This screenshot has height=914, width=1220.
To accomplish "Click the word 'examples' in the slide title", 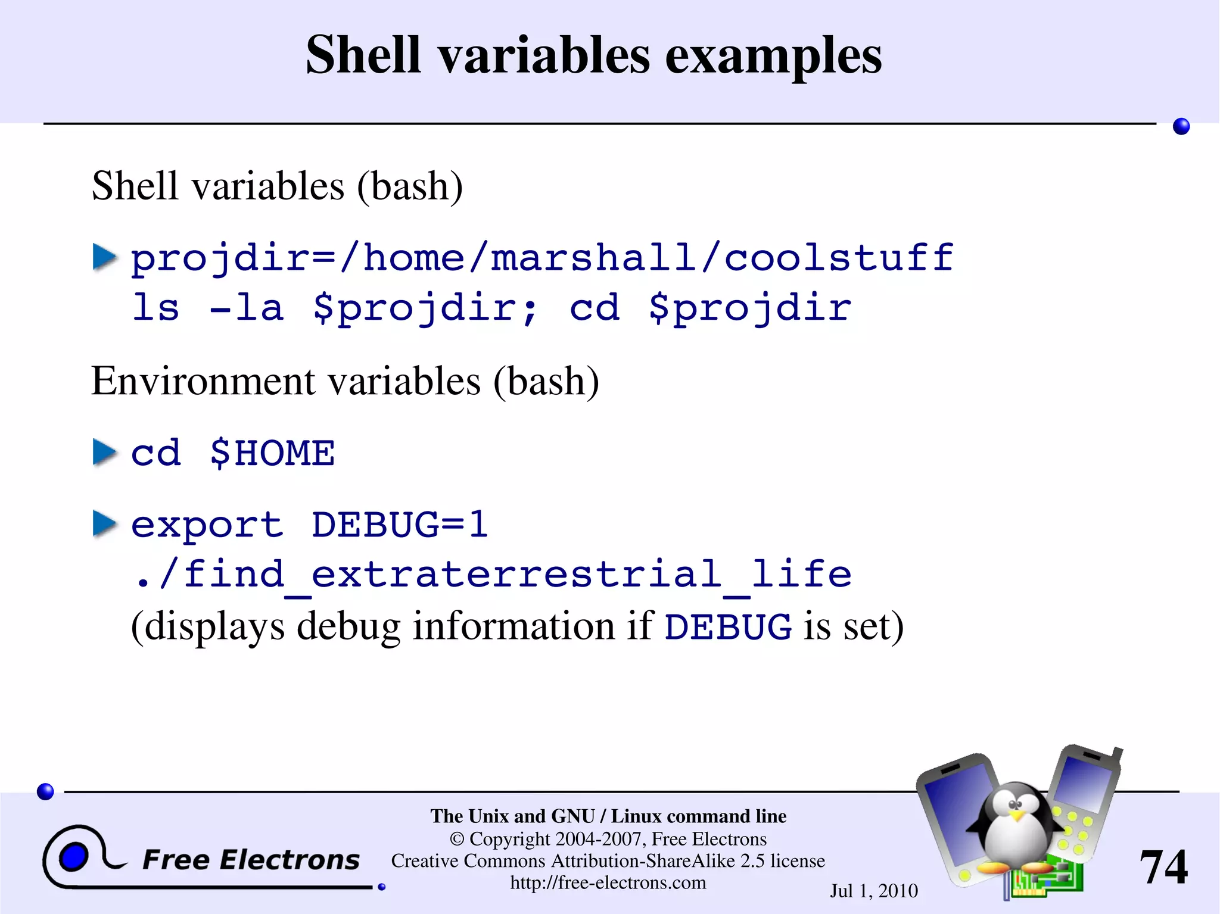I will pyautogui.click(x=773, y=55).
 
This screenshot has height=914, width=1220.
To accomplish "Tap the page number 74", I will pyautogui.click(x=1163, y=867).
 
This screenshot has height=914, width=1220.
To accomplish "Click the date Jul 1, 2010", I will pyautogui.click(x=873, y=891).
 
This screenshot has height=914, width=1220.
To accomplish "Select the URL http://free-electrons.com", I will pyautogui.click(x=608, y=882).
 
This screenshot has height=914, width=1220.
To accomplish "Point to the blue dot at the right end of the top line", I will pyautogui.click(x=1181, y=126).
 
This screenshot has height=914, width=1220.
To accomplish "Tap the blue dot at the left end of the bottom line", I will pyautogui.click(x=45, y=791).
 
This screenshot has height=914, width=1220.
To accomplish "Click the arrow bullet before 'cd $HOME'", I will pyautogui.click(x=105, y=452).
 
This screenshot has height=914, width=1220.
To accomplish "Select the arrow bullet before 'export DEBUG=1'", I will pyautogui.click(x=105, y=524).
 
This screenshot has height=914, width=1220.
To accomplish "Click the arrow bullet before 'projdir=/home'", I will pyautogui.click(x=105, y=257).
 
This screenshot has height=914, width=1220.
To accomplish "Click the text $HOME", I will pyautogui.click(x=272, y=453).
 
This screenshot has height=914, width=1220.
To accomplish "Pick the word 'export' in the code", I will pyautogui.click(x=206, y=525).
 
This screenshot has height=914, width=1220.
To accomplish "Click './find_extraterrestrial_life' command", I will pyautogui.click(x=492, y=575).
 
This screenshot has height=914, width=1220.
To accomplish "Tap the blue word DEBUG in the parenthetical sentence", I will pyautogui.click(x=728, y=627).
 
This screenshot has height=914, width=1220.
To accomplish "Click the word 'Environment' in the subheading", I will pyautogui.click(x=202, y=381).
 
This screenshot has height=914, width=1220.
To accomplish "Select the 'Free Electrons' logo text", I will pyautogui.click(x=251, y=860).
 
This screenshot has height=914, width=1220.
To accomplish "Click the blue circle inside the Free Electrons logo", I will pyautogui.click(x=74, y=857).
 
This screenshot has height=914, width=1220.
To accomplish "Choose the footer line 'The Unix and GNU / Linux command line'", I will pyautogui.click(x=608, y=816).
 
